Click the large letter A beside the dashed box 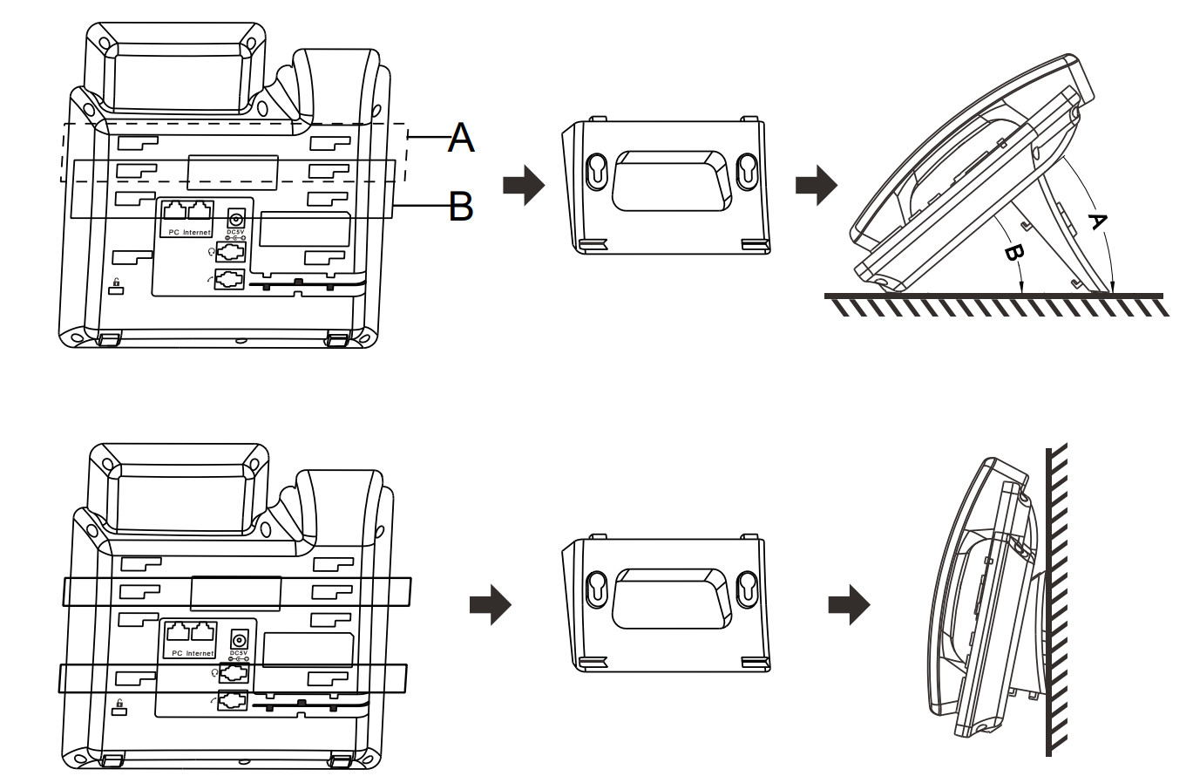461,138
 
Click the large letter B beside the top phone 461,207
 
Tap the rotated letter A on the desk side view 1097,221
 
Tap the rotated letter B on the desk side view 1013,253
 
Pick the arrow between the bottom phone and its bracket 490,604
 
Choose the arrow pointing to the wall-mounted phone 850,604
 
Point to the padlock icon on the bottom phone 119,705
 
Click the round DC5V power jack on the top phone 234,219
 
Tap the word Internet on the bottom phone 200,653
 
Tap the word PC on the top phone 174,233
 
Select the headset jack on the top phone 229,252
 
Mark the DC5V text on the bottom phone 238,652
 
